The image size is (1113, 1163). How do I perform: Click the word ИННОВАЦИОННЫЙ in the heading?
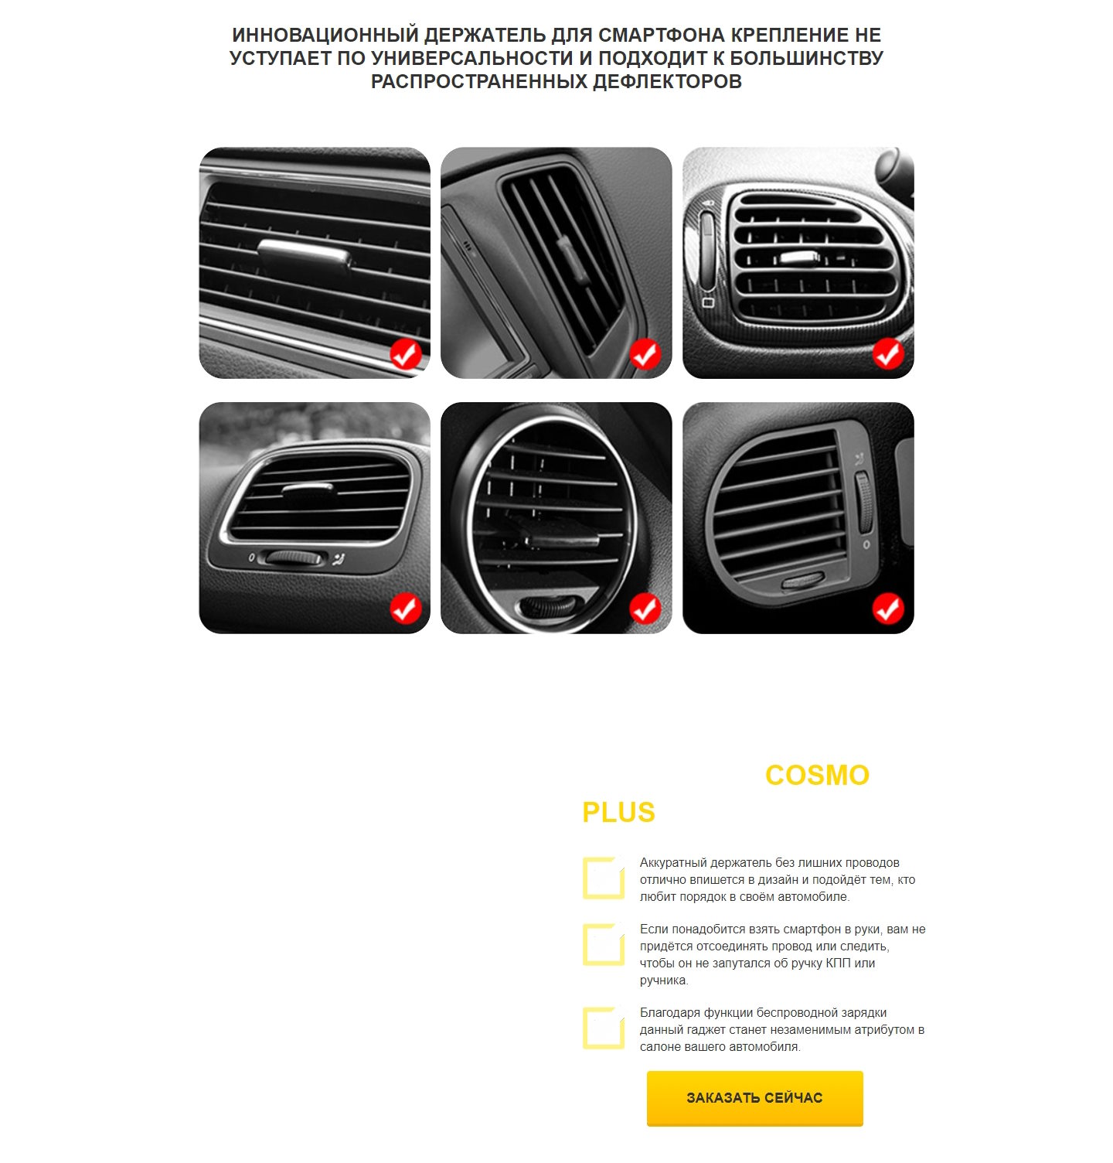325,35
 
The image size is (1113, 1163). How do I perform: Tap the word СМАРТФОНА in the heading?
662,35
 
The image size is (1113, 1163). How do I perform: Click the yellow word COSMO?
817,776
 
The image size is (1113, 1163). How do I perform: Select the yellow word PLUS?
618,813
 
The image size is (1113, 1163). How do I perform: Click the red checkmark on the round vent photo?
645,609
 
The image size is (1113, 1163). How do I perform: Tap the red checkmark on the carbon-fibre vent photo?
888,354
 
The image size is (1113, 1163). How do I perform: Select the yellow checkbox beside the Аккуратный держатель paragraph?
604,878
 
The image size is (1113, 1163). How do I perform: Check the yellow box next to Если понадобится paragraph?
604,944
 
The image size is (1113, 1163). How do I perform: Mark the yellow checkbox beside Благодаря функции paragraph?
604,1028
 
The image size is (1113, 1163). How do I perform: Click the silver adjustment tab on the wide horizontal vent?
305,254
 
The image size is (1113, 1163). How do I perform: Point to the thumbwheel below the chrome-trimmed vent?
294,558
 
